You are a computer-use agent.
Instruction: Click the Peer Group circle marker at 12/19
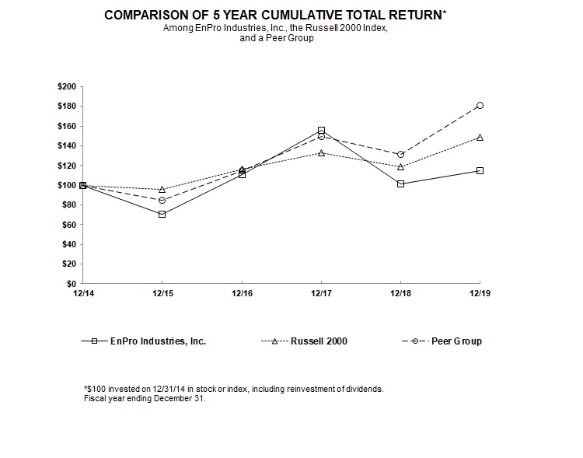(x=480, y=105)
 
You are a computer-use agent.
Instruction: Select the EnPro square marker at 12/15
(x=162, y=214)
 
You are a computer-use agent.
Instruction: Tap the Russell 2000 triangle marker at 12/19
(x=480, y=138)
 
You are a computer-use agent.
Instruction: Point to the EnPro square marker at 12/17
(x=321, y=130)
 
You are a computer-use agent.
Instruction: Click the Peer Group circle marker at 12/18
(x=400, y=154)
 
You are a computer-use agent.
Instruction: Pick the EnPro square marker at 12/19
(x=480, y=170)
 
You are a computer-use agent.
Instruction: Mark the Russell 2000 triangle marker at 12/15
(x=162, y=189)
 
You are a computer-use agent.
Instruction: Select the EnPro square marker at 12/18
(x=400, y=184)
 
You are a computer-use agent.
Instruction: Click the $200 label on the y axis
(x=66, y=86)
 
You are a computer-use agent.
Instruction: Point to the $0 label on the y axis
(x=70, y=284)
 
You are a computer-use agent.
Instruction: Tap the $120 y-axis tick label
(x=66, y=166)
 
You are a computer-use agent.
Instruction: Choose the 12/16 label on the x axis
(x=242, y=293)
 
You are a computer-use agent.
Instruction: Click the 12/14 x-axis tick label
(x=83, y=293)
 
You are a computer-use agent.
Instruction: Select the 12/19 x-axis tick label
(x=480, y=293)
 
